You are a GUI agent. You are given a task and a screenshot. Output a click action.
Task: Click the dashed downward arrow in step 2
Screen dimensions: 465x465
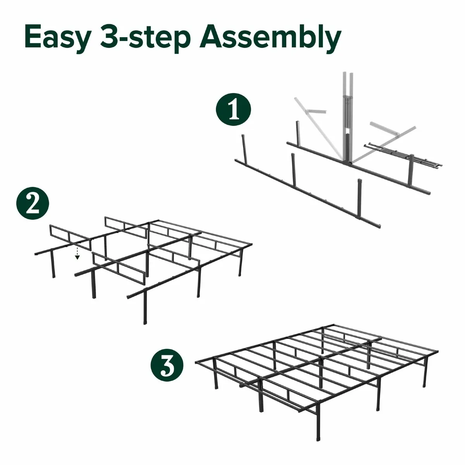77,253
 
